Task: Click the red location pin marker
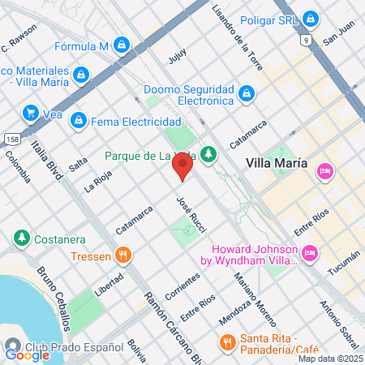pos(182,166)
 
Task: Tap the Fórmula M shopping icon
pos(122,45)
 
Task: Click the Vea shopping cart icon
pos(32,113)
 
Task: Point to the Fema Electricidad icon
pos(78,121)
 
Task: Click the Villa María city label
pos(277,162)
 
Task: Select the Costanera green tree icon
pos(21,238)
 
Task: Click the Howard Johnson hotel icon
pos(309,255)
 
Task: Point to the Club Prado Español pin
pos(12,344)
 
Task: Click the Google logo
pos(27,354)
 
